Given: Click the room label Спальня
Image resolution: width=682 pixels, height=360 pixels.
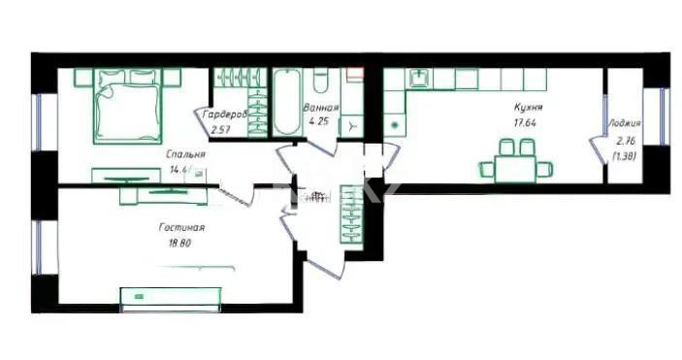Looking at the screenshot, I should [184, 153].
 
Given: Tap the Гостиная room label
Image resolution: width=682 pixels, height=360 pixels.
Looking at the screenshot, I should [181, 227].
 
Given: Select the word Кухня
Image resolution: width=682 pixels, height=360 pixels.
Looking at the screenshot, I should [528, 108].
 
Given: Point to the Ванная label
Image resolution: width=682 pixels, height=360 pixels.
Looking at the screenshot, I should [320, 108].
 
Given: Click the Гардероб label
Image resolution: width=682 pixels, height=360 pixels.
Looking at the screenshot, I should [225, 115].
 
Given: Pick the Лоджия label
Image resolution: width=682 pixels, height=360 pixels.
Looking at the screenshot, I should [624, 124].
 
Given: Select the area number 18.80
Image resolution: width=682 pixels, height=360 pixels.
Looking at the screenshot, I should [180, 244].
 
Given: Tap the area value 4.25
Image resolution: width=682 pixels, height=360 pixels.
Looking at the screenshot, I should [319, 122].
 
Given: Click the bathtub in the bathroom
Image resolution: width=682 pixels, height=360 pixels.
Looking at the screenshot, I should [287, 104].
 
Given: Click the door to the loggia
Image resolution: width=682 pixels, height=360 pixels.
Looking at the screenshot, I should [596, 153].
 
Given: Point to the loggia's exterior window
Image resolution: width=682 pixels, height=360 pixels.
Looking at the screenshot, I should [663, 117].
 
